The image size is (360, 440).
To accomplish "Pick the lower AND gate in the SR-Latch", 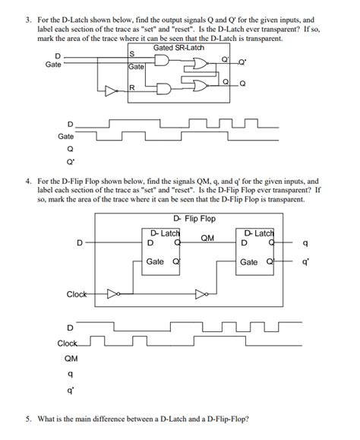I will pyautogui.click(x=163, y=88).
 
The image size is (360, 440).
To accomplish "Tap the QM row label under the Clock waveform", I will pyautogui.click(x=70, y=357).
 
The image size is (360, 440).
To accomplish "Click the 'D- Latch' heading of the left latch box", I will pyautogui.click(x=163, y=233).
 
